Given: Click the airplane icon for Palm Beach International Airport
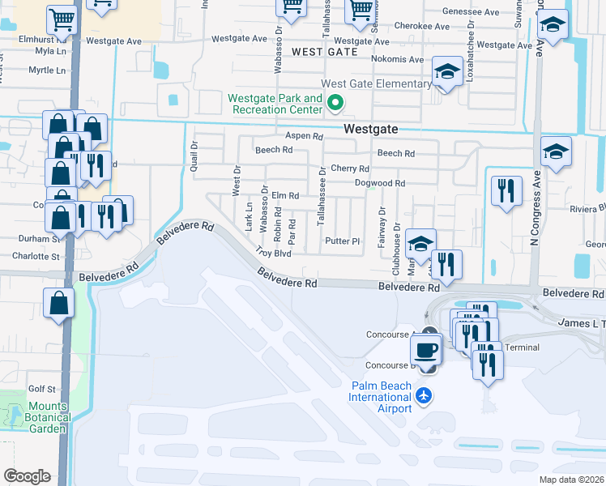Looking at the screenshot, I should click(423, 396).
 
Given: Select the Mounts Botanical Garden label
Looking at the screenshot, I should click(38, 417).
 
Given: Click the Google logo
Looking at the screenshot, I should click(27, 475).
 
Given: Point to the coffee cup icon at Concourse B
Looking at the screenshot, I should click(426, 351).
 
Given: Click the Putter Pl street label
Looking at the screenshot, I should click(342, 241).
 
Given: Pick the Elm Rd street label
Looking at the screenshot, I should click(285, 196).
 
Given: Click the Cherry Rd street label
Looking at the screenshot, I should click(350, 169).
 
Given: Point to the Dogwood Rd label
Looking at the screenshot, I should click(379, 183).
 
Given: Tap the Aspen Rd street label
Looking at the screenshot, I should click(304, 137).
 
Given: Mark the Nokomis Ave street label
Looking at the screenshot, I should click(397, 60).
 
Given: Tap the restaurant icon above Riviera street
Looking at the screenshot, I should click(506, 191).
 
